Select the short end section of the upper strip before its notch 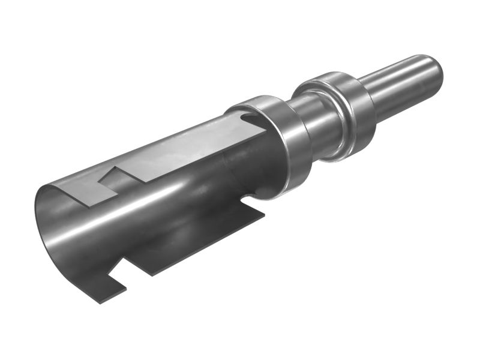coord(81,192)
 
